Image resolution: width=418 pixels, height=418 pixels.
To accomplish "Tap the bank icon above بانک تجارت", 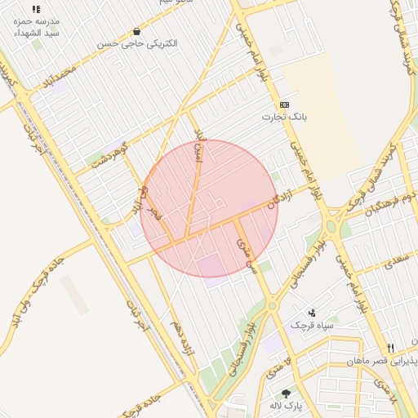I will point(284,104).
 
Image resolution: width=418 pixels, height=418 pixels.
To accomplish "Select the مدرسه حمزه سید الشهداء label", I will point(35,27).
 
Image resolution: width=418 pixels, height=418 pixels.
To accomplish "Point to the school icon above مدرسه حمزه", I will point(36,8).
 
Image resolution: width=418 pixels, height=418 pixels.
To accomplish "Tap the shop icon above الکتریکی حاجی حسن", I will point(136,31).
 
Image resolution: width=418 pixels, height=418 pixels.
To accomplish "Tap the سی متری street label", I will point(246,255).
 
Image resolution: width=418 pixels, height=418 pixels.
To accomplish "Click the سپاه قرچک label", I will point(309,325).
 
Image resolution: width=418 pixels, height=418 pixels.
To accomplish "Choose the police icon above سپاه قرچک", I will point(311,312).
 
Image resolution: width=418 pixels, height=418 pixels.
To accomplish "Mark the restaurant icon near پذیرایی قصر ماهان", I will point(390,348).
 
